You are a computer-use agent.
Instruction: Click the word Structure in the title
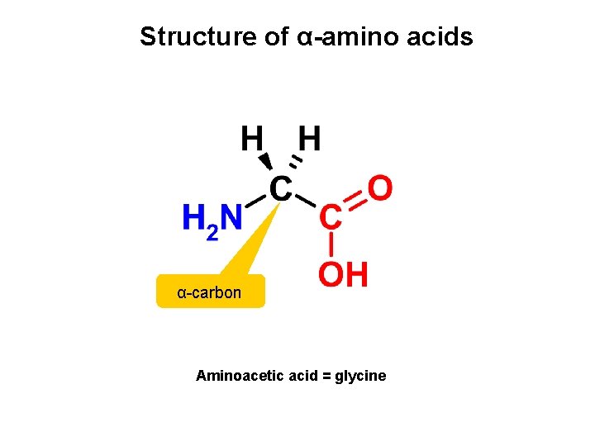pyautogui.click(x=189, y=37)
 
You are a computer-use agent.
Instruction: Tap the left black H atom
pyautogui.click(x=252, y=139)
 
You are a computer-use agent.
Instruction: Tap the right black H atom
pyautogui.click(x=309, y=139)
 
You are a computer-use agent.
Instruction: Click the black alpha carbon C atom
pyautogui.click(x=280, y=190)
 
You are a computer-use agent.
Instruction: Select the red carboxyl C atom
pyautogui.click(x=331, y=218)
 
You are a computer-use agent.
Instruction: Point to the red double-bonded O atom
pyautogui.click(x=379, y=188)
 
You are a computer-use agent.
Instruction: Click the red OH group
pyautogui.click(x=343, y=274)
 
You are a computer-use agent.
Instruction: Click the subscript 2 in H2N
pyautogui.click(x=212, y=234)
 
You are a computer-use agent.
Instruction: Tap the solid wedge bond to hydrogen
pyautogui.click(x=265, y=161)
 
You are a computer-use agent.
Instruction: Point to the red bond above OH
pyautogui.click(x=331, y=244)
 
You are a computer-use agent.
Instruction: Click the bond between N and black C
pyautogui.click(x=257, y=199)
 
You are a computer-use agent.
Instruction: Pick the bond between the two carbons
pyautogui.click(x=306, y=200)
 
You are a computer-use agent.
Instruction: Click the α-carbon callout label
pyautogui.click(x=210, y=292)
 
